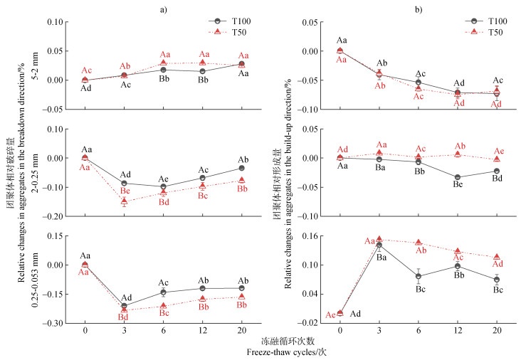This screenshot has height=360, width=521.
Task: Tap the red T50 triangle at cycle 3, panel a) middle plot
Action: coord(125,201)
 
